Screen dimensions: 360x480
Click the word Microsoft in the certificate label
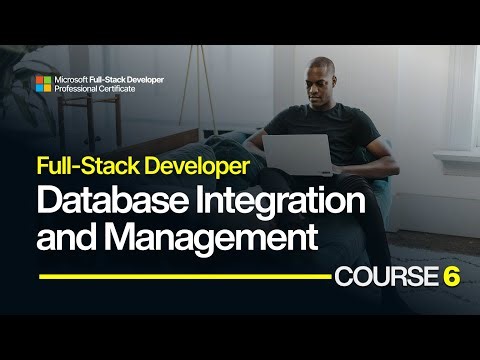(72, 77)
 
